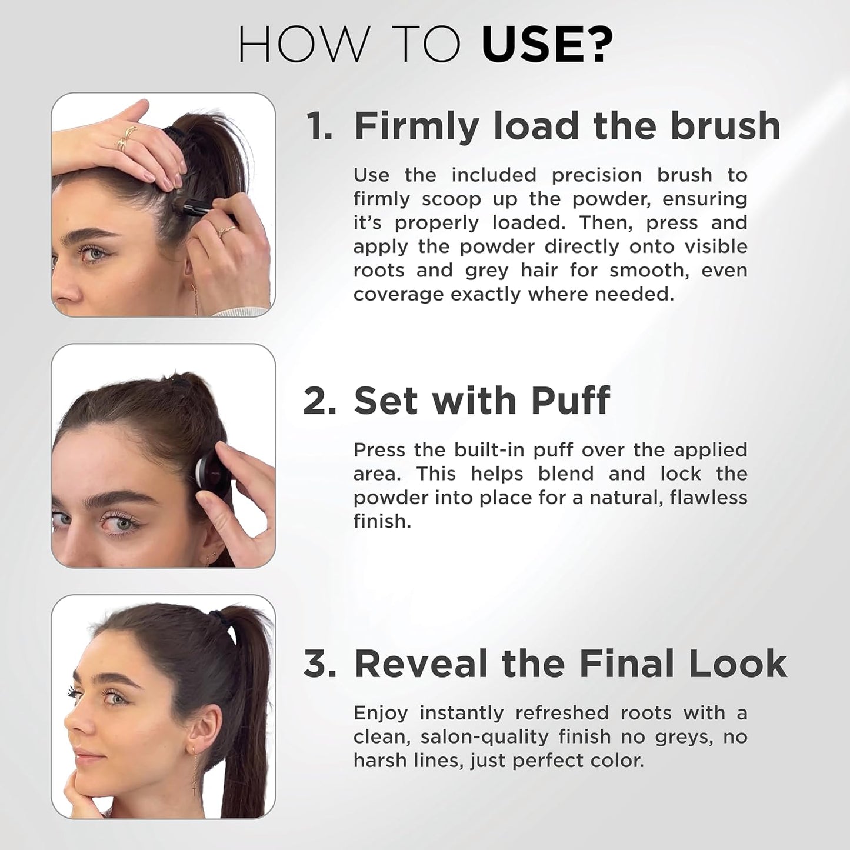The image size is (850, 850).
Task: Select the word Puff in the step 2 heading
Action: (x=570, y=401)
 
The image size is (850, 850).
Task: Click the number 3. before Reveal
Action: (x=319, y=664)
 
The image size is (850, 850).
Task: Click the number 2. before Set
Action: (x=319, y=401)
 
